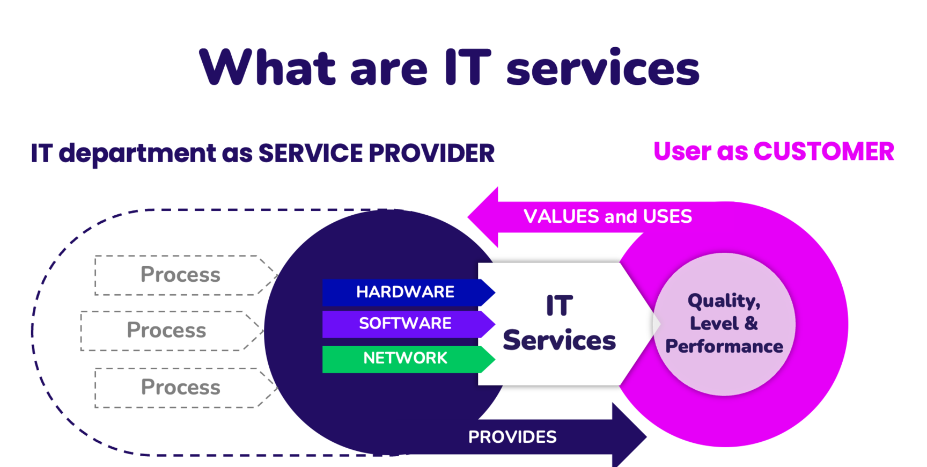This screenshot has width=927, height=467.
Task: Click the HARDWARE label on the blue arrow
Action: pyautogui.click(x=405, y=292)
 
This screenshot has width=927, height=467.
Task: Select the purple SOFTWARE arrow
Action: pyautogui.click(x=405, y=324)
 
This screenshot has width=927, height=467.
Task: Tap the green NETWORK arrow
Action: pyautogui.click(x=405, y=359)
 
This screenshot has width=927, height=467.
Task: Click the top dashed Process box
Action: pyautogui.click(x=180, y=275)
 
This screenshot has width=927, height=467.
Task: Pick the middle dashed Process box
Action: pyautogui.click(x=166, y=331)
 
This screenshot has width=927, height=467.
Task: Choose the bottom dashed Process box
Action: pyautogui.click(x=180, y=388)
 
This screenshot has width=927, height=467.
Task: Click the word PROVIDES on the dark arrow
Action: pyautogui.click(x=512, y=437)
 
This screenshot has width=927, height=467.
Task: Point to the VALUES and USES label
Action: pyautogui.click(x=607, y=216)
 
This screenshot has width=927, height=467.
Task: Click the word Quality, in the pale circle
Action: pyautogui.click(x=724, y=301)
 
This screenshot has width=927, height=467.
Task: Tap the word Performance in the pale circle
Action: pyautogui.click(x=724, y=347)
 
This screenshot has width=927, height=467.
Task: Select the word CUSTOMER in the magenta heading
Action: pyautogui.click(x=823, y=152)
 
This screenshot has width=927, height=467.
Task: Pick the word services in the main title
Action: pyautogui.click(x=603, y=69)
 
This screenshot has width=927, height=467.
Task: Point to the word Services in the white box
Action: pyautogui.click(x=559, y=341)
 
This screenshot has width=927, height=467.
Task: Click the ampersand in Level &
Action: pyautogui.click(x=751, y=324)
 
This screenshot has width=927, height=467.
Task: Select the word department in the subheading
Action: pyautogui.click(x=137, y=154)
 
